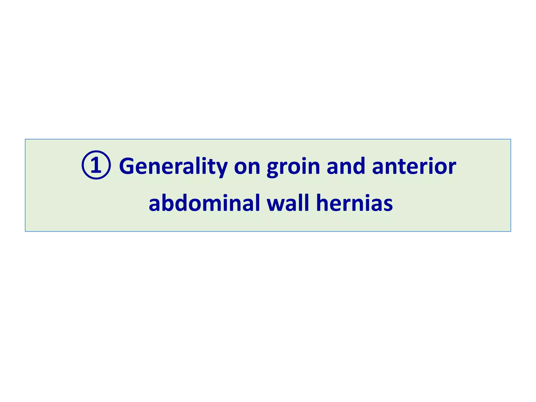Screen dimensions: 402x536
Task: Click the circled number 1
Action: (x=96, y=165)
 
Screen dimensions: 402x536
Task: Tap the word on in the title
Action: (x=247, y=167)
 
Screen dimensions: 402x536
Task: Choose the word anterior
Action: (x=414, y=166)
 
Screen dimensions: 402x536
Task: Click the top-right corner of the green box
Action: (x=511, y=139)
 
